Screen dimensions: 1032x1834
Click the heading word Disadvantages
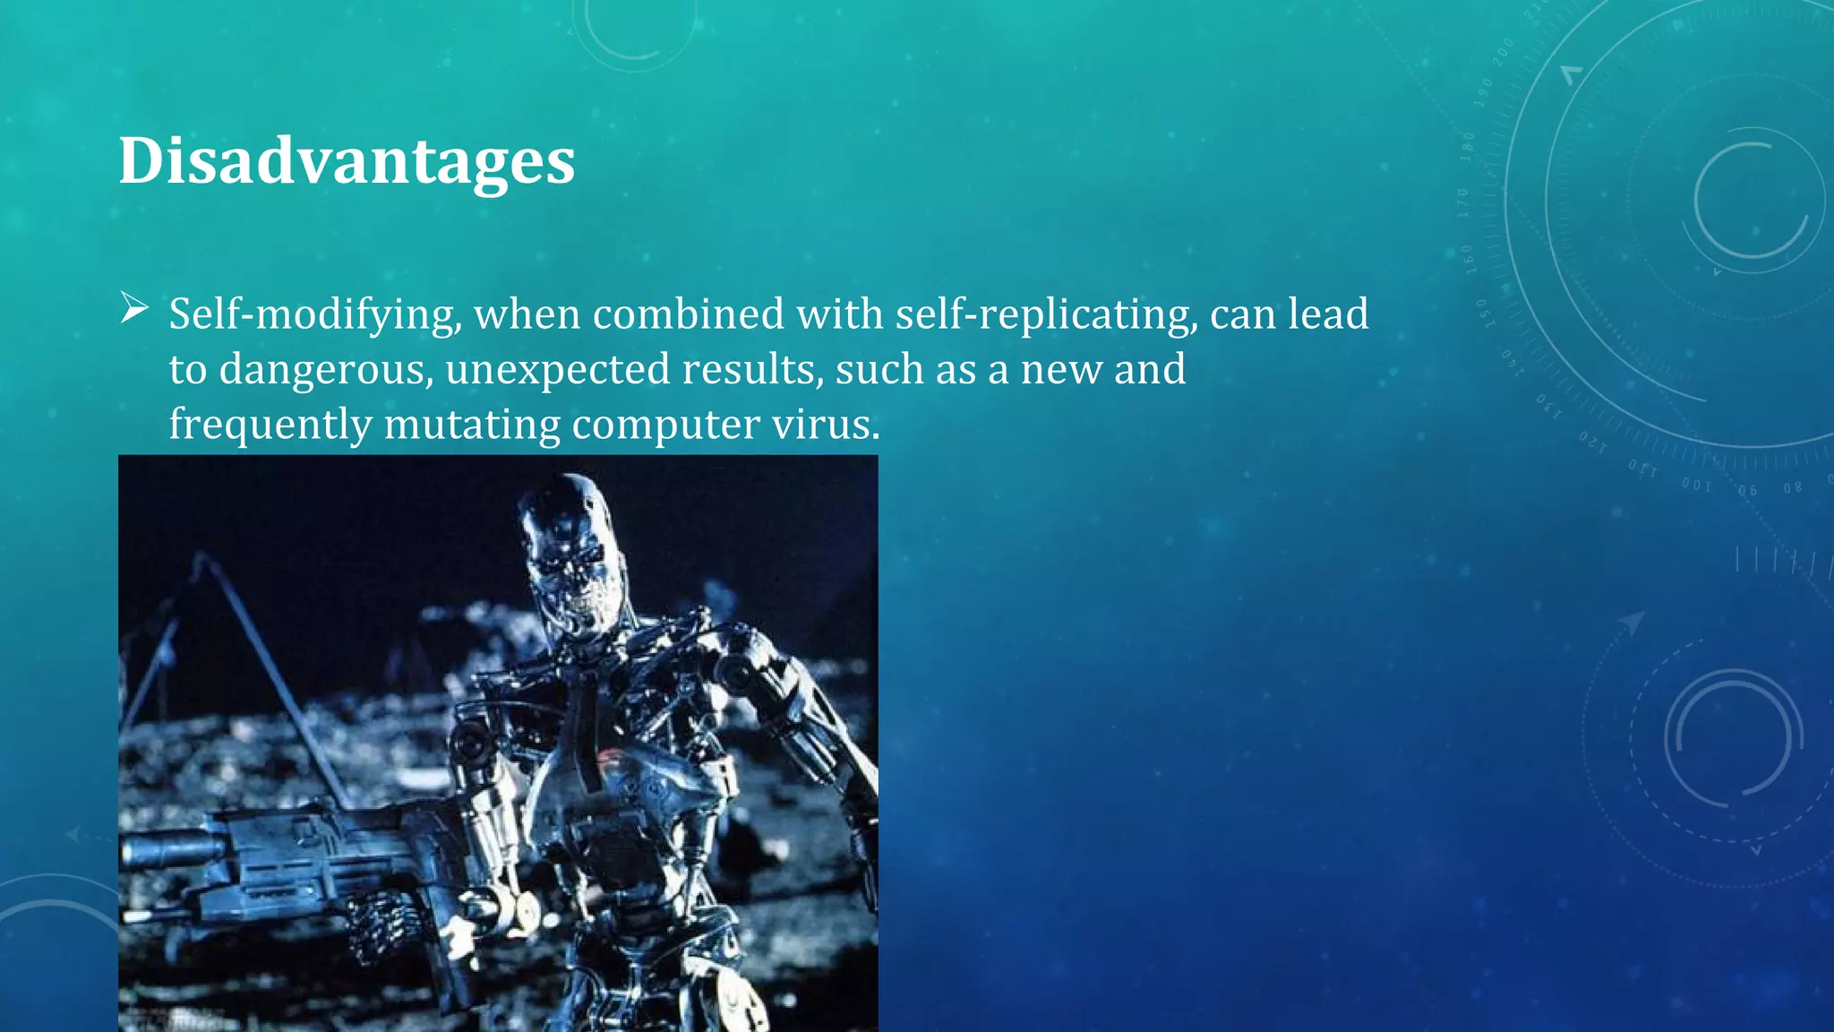tap(347, 161)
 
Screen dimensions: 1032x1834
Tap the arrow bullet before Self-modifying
tap(134, 309)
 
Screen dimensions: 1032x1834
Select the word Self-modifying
tap(315, 314)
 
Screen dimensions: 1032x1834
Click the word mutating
tap(472, 425)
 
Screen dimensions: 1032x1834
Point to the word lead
tap(1328, 314)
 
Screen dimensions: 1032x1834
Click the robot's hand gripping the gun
tap(376, 923)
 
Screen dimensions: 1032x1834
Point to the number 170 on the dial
tap(1463, 203)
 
